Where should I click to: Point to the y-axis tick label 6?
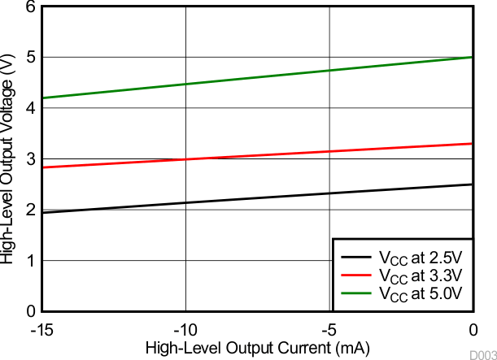[30, 7]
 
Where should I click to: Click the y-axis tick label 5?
[30, 58]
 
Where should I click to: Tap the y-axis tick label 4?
[30, 108]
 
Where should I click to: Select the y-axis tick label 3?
[30, 159]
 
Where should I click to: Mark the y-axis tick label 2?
[30, 210]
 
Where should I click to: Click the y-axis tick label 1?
[30, 261]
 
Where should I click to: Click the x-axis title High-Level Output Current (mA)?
[258, 348]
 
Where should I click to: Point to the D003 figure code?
[482, 354]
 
